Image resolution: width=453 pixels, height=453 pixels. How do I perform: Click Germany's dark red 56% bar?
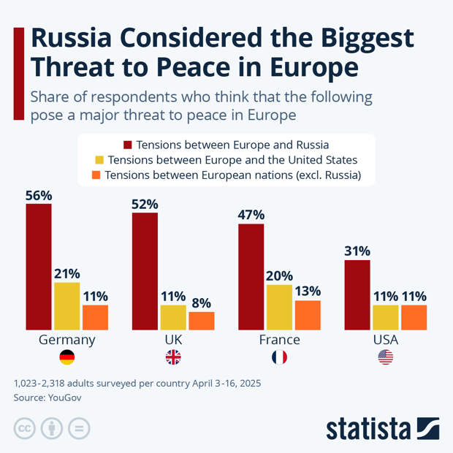39,267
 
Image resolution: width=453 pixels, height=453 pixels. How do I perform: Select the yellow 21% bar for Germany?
67,306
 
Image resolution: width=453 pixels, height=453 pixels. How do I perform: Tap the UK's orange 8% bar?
202,321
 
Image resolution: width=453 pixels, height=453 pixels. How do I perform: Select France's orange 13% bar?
308,315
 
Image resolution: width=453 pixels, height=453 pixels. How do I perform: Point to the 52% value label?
145,204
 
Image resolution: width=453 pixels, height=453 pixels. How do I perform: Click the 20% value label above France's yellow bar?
279,276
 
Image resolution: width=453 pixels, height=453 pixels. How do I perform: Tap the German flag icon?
66,357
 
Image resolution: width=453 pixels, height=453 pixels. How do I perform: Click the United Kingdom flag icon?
173,357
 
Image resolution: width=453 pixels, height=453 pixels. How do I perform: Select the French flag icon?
279,357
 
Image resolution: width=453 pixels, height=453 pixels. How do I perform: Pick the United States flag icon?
386,357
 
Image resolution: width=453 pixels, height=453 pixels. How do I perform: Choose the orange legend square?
95,175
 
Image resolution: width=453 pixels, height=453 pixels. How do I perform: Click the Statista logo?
381,428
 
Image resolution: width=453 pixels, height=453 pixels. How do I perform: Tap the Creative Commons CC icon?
25,428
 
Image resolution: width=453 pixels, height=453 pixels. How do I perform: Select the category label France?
279,340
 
